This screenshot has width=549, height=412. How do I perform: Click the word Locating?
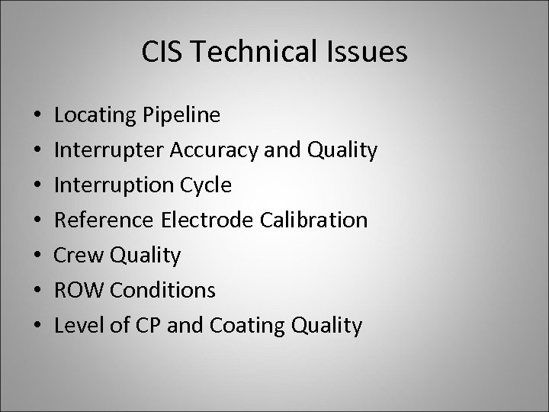(96, 117)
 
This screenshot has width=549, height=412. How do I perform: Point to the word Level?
(76, 326)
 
